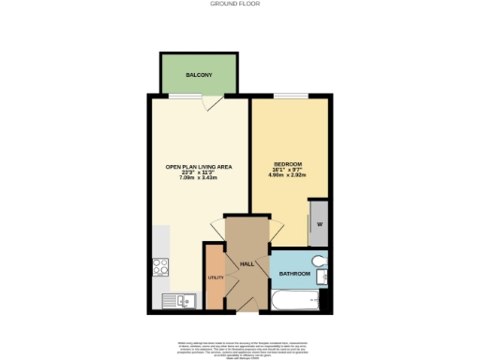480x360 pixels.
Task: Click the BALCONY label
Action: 198,74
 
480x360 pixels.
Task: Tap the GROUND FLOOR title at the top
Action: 239,4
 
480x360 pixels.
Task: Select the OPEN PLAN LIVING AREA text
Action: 199,167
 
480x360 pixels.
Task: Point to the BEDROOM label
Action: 289,162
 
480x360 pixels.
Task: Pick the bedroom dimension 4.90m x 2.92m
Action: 289,174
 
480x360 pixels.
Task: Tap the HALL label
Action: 247,264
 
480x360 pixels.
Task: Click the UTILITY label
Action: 213,279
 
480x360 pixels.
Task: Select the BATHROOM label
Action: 294,274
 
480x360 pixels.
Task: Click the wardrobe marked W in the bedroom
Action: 319,224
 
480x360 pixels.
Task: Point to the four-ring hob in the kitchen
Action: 160,265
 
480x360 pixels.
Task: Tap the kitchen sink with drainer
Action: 177,300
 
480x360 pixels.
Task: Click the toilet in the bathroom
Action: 319,261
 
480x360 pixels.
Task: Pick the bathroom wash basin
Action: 323,277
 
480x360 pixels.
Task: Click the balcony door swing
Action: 215,103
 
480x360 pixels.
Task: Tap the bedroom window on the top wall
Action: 289,96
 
